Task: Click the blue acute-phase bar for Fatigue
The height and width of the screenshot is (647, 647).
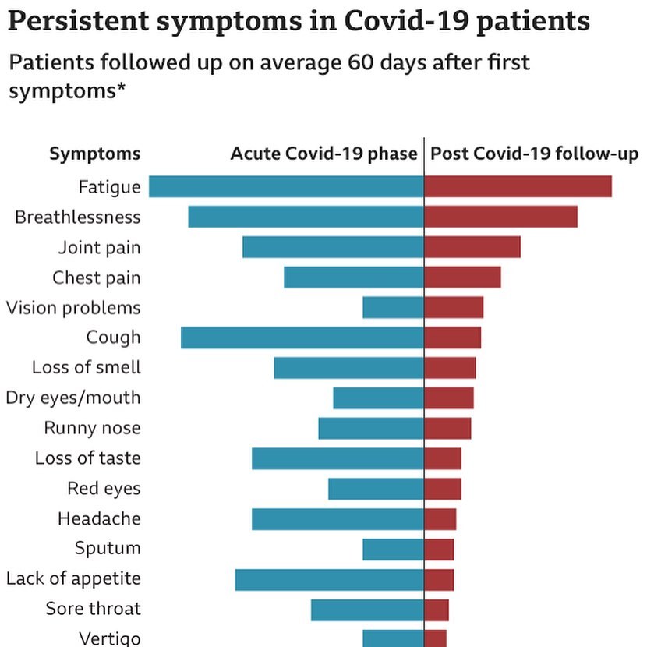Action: point(286,187)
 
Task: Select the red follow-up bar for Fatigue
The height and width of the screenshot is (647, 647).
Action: point(518,187)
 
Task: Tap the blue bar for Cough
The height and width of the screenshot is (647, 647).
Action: point(302,338)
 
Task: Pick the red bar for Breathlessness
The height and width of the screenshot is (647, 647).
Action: point(500,217)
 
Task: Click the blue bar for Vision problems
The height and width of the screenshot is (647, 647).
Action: point(393,308)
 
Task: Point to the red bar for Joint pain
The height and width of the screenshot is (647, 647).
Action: point(472,247)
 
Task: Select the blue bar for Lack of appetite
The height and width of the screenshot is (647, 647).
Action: point(329,579)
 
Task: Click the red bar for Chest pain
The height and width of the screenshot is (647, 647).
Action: point(462,278)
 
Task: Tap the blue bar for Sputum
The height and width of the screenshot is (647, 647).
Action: point(393,550)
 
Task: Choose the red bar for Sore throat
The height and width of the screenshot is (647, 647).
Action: point(437,610)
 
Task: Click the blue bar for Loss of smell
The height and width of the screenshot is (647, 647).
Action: point(348,368)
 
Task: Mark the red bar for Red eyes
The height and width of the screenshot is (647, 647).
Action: point(443,489)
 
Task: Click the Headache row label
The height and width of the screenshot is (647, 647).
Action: point(99,519)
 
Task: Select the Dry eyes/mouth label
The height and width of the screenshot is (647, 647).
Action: point(73,398)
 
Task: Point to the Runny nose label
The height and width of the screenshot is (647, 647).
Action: point(92,428)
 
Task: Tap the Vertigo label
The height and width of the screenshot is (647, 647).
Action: point(110,638)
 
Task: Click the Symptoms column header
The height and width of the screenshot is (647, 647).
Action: point(95,154)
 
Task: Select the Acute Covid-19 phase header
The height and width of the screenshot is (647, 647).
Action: point(323,154)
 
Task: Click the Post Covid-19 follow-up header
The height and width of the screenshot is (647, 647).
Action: point(535,154)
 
